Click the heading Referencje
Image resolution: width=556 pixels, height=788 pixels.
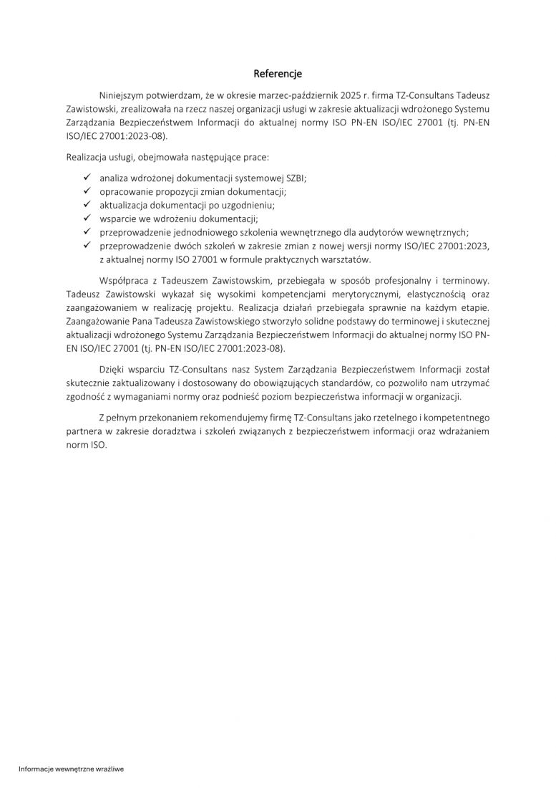pyautogui.click(x=278, y=74)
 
